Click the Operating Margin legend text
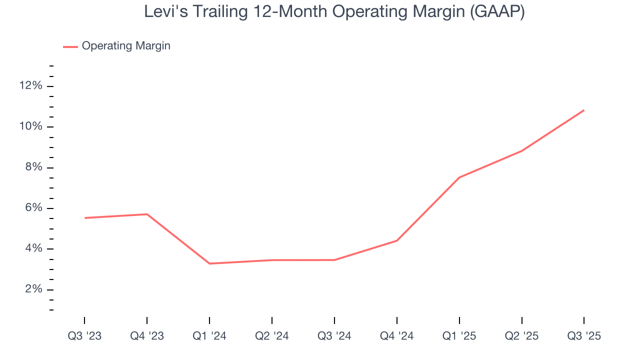pos(126,46)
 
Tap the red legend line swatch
pos(70,46)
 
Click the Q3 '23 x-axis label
pos(84,336)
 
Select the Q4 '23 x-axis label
pos(147,336)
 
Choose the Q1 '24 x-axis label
pos(209,336)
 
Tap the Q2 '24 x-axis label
pos(272,336)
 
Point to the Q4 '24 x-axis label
pos(397,336)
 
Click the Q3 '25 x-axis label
pos(584,336)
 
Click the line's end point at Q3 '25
pos(584,110)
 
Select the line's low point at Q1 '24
pos(209,263)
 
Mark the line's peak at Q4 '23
pos(147,214)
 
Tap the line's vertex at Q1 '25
pos(459,177)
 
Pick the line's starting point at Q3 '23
pos(84,218)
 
